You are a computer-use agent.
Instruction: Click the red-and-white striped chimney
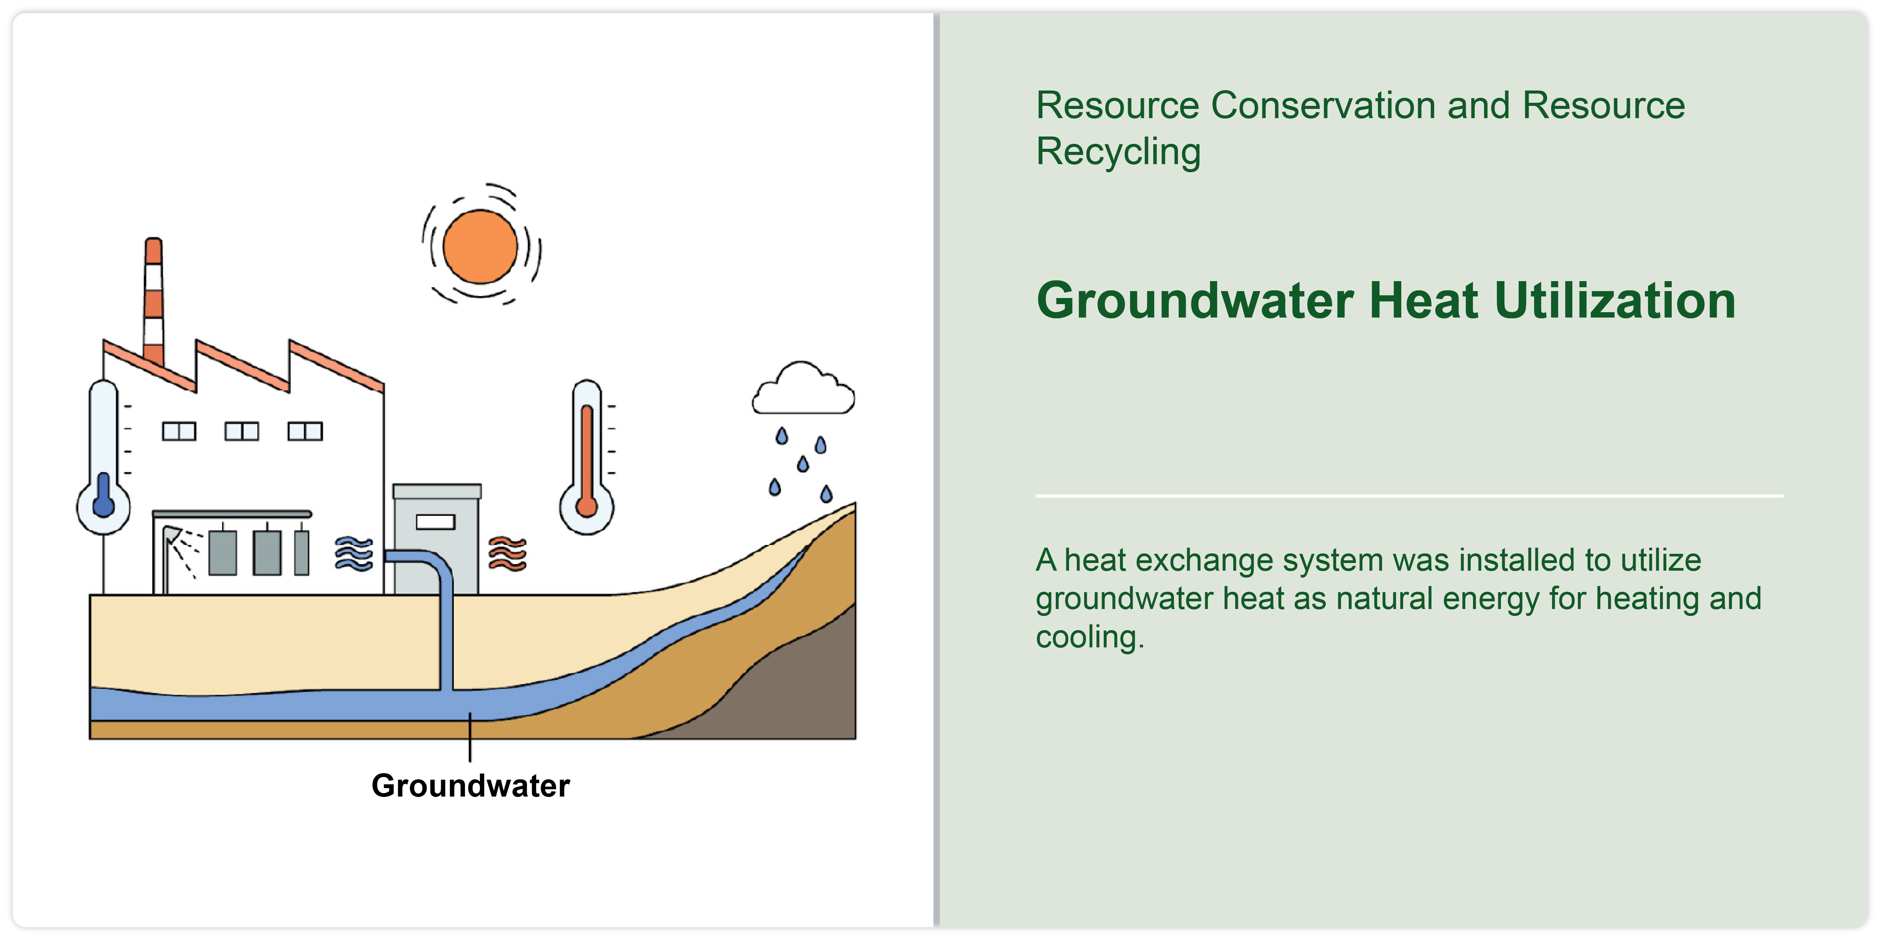point(153,301)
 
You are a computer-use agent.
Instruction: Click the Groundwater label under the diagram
point(471,786)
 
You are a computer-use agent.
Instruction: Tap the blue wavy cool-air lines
point(354,554)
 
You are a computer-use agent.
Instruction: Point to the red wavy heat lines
point(507,554)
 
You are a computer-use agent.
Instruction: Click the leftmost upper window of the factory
point(179,431)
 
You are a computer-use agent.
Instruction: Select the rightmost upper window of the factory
point(305,431)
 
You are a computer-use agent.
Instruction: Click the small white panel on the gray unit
point(436,522)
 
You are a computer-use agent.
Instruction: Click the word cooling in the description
point(1090,637)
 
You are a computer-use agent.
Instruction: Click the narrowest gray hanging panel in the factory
point(302,553)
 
